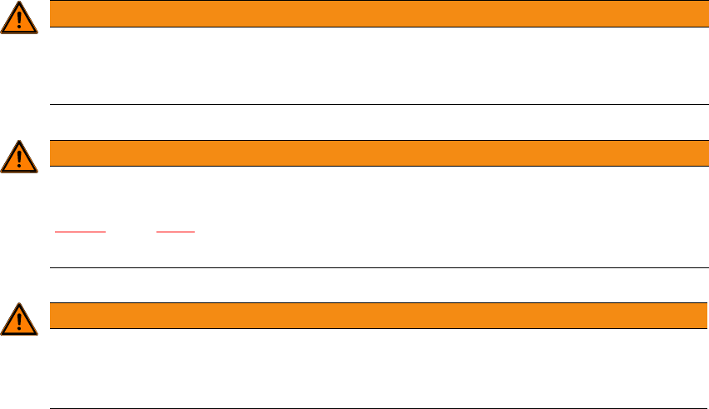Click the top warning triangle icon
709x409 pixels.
[19, 19]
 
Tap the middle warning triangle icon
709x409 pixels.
[19, 157]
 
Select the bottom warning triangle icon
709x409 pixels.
[19, 319]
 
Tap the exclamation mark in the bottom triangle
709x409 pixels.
[19, 321]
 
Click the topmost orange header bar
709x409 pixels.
[374, 13]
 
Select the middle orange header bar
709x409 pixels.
[374, 152]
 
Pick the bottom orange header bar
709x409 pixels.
[374, 315]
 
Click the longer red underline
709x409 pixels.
[80, 231]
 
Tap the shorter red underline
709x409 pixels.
[176, 231]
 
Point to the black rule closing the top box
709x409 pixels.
[374, 105]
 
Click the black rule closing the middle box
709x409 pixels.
[374, 268]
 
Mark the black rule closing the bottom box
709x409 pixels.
[374, 408]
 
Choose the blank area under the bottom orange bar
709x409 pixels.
[374, 367]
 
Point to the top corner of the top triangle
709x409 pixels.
[19, 4]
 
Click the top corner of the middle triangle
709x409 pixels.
[19, 142]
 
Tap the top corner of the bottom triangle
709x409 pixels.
[19, 304]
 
